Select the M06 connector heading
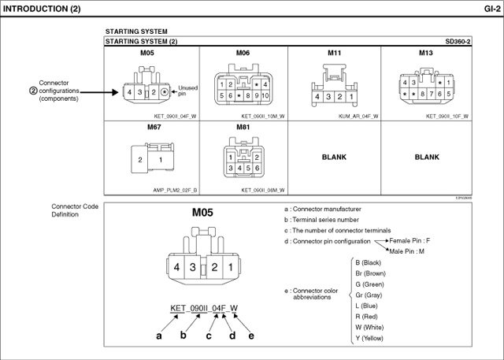pos(243,53)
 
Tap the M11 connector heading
pos(335,53)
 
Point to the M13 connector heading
pos(426,53)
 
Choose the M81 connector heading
pos(243,126)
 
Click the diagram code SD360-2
pos(458,40)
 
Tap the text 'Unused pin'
pos(187,91)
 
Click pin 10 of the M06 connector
pos(265,95)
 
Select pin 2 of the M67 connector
pos(140,160)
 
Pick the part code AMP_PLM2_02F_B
pos(175,190)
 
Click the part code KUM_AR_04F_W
pos(358,116)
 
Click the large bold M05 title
pos(203,213)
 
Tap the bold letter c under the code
pos(209,336)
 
